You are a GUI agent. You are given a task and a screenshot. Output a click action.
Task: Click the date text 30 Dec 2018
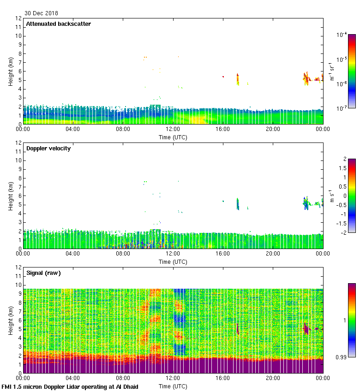(41, 13)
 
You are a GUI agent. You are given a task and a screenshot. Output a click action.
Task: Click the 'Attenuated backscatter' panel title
(58, 24)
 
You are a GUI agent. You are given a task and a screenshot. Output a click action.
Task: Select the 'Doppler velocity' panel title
(48, 148)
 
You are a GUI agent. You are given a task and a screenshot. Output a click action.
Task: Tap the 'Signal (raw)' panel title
(43, 273)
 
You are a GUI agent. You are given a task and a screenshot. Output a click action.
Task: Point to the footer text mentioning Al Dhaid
(70, 387)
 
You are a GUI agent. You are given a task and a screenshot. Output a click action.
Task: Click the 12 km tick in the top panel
(18, 18)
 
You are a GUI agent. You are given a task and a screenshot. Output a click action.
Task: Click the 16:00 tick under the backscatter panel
(223, 129)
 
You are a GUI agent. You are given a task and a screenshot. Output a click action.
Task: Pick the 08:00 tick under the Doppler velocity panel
(123, 254)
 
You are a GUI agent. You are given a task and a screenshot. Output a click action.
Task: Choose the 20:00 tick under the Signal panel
(273, 378)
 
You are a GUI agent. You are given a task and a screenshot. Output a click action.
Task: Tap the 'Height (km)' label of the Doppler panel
(11, 196)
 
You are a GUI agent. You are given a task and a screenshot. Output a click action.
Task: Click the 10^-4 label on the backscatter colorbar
(342, 35)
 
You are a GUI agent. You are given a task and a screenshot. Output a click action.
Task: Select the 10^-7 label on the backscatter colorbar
(342, 108)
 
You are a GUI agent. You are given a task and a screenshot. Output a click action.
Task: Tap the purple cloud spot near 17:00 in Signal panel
(238, 329)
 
